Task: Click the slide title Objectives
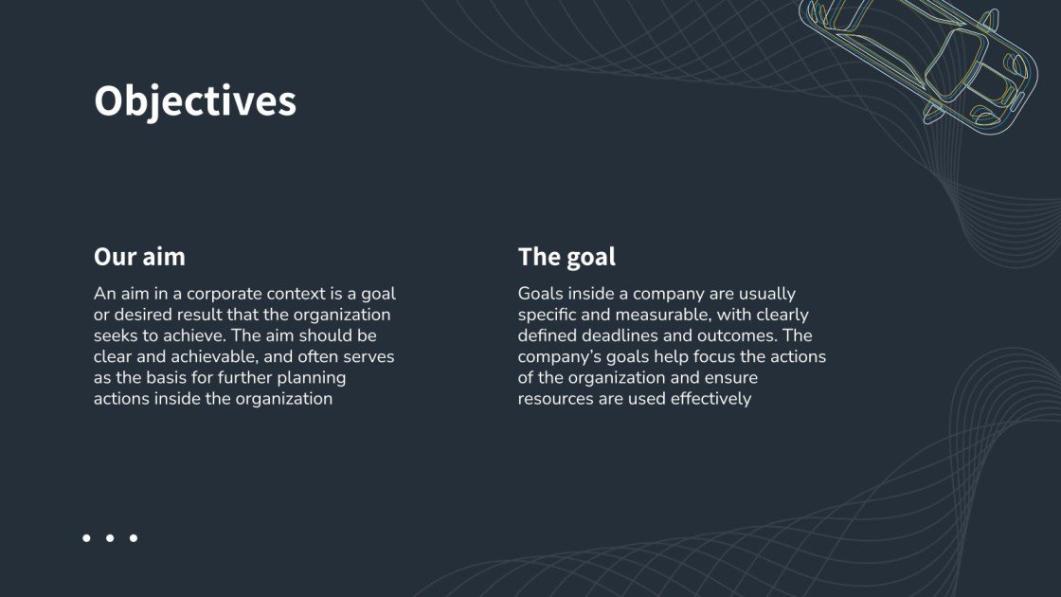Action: [194, 101]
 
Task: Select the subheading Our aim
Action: [139, 257]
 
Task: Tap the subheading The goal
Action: [566, 257]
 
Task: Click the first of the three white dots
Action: [86, 537]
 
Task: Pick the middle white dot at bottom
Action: [110, 537]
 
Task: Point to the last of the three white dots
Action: [134, 537]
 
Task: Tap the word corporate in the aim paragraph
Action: [220, 294]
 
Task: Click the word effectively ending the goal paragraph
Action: [710, 399]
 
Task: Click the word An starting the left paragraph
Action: [104, 294]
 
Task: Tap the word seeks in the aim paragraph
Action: [115, 335]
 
